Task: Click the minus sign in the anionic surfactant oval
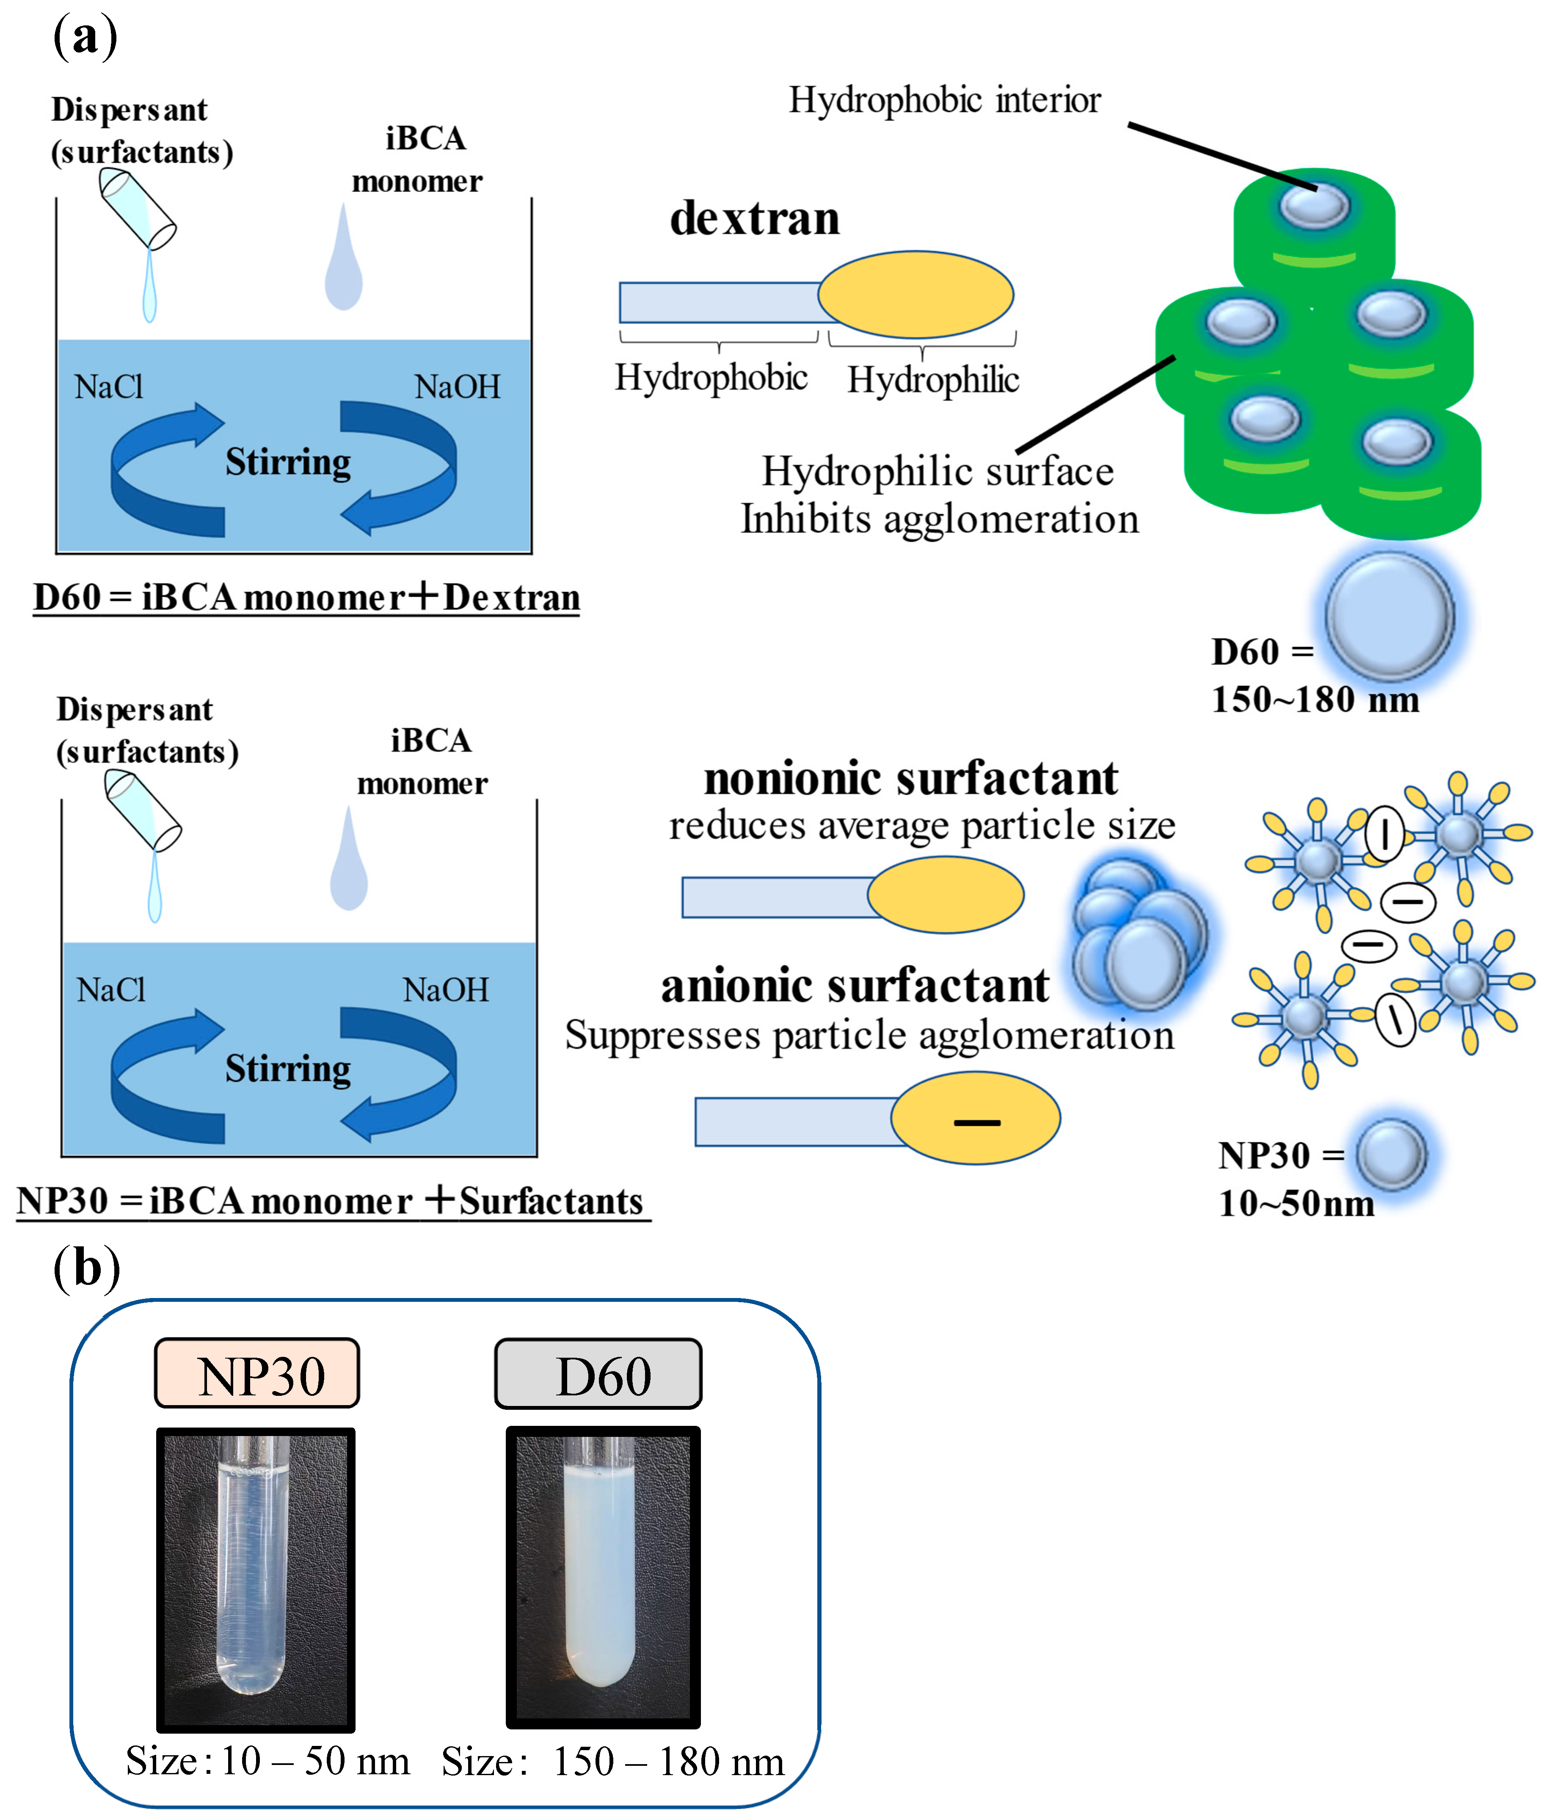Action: click(977, 1122)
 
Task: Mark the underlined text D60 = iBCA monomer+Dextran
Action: click(306, 597)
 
